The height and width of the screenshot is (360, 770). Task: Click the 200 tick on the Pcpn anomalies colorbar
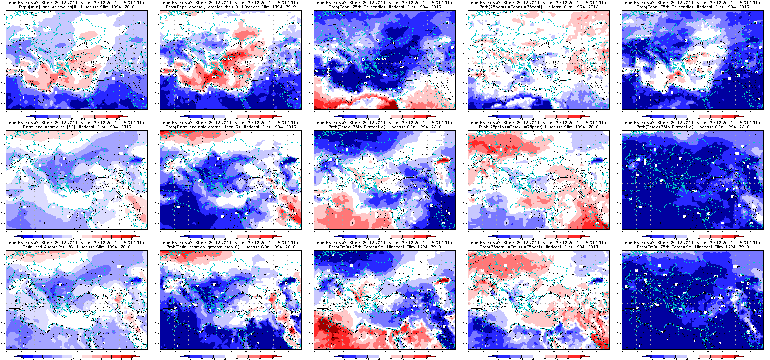(x=118, y=119)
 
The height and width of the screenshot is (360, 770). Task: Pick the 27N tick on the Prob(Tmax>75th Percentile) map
(x=619, y=223)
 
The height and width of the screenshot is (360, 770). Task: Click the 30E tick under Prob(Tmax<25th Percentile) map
(x=385, y=231)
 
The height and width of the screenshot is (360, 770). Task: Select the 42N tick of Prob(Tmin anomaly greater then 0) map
(x=157, y=294)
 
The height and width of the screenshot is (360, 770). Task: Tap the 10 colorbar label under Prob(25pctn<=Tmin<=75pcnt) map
(x=498, y=359)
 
